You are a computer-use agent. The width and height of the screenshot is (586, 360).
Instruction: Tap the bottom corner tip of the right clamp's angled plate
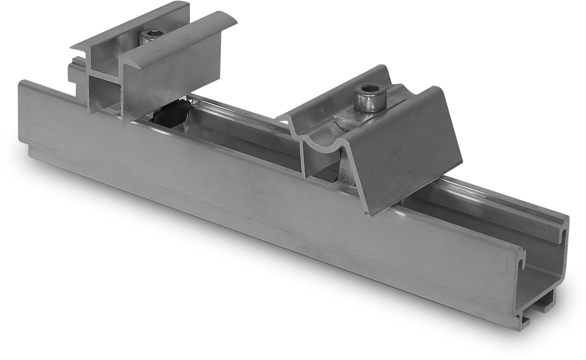pos(370,216)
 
